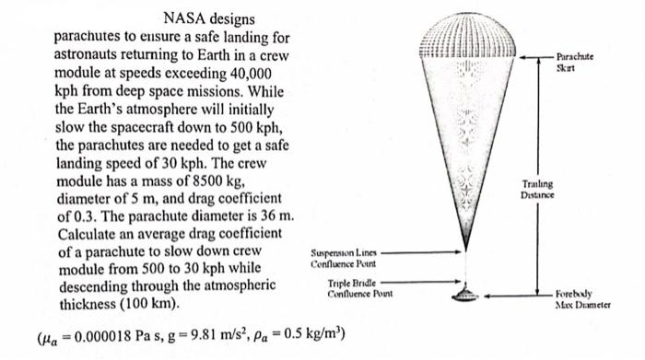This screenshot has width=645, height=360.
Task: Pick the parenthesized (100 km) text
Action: pyautogui.click(x=150, y=303)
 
